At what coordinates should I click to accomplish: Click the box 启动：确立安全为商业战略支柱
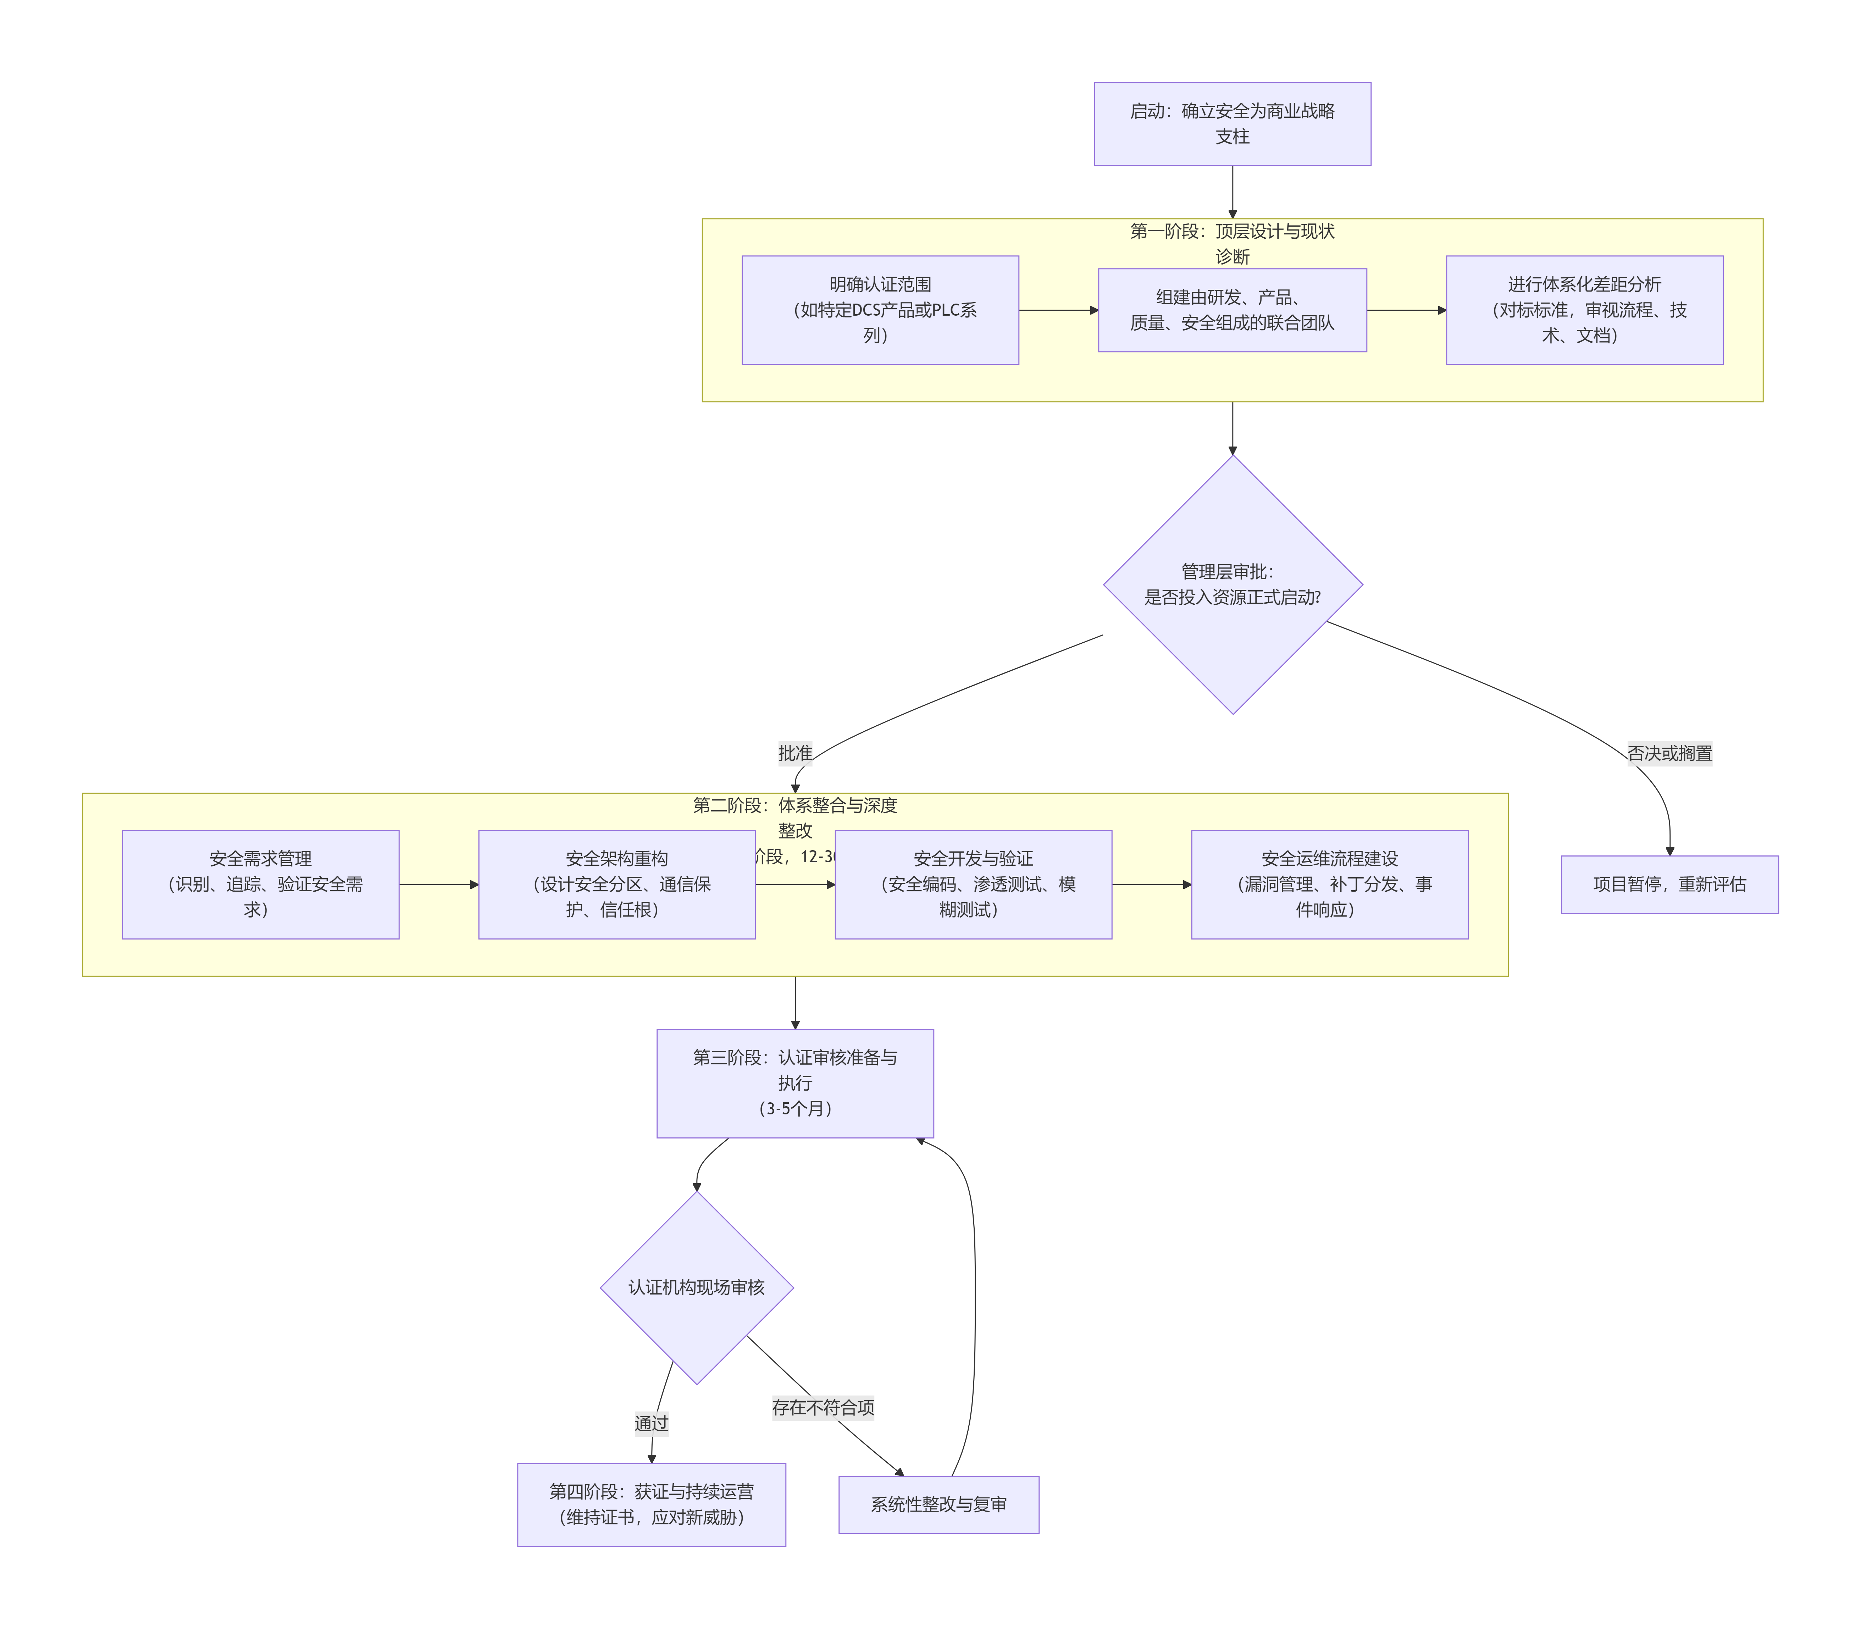pyautogui.click(x=1232, y=124)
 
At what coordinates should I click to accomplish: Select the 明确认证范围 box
pyautogui.click(x=880, y=310)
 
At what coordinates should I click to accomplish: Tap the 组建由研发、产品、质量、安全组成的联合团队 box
pyautogui.click(x=1232, y=310)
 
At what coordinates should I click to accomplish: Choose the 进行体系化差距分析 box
pyautogui.click(x=1584, y=310)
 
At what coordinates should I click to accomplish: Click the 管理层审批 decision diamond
pyautogui.click(x=1232, y=584)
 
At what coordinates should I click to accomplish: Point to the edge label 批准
pyautogui.click(x=794, y=754)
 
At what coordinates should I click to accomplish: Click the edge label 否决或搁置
pyautogui.click(x=1669, y=754)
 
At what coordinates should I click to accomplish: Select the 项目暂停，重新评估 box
pyautogui.click(x=1669, y=885)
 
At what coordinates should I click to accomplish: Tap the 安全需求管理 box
pyautogui.click(x=260, y=885)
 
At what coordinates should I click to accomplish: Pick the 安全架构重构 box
pyautogui.click(x=616, y=885)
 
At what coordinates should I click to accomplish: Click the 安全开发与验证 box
pyautogui.click(x=973, y=885)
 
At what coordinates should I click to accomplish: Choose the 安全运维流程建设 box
pyautogui.click(x=1329, y=885)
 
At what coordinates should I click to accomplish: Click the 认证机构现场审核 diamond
pyautogui.click(x=696, y=1288)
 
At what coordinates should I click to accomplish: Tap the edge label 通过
pyautogui.click(x=651, y=1424)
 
